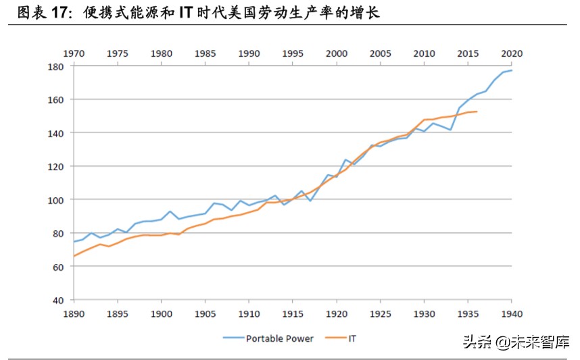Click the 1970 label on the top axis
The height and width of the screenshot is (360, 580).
74,53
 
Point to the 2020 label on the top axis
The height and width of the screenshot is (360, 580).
512,53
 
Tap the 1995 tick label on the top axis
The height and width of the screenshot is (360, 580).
293,53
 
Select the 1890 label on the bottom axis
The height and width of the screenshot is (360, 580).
74,313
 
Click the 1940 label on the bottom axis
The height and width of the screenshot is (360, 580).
512,313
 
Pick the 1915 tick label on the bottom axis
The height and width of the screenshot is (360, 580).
293,313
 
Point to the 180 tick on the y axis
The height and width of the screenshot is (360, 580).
55,66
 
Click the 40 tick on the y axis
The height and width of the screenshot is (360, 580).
58,300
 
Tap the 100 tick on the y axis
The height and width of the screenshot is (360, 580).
55,200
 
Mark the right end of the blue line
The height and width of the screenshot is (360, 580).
512,70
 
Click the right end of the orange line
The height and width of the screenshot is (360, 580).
477,111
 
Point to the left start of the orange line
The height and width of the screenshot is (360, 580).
74,256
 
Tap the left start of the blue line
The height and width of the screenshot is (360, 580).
74,241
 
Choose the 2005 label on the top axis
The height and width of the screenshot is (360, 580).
381,53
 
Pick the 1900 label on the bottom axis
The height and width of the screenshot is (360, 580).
162,313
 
